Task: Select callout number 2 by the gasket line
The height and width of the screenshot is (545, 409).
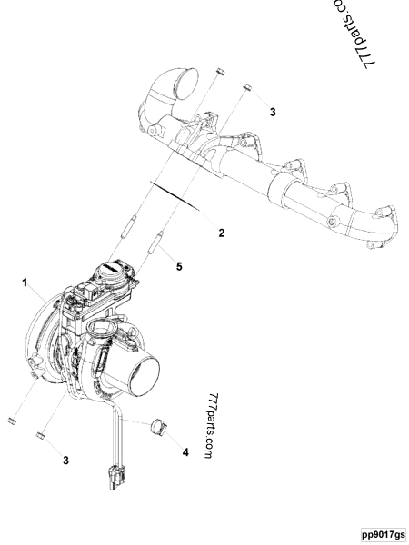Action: click(x=221, y=233)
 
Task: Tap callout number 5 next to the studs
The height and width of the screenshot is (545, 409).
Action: click(x=179, y=266)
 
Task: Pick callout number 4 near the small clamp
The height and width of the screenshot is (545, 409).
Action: click(x=185, y=451)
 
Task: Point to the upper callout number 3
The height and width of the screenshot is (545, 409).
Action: click(x=273, y=112)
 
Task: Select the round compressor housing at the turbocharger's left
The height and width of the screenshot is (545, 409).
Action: click(x=45, y=341)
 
